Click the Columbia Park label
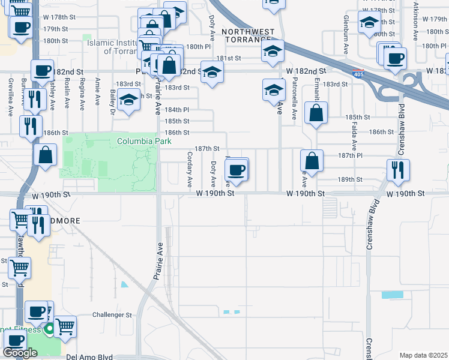coord(143,142)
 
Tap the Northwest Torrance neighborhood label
coord(248,35)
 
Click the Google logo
coord(20,353)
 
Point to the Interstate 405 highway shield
coord(358,74)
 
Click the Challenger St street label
coord(111,314)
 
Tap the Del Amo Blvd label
coord(89,356)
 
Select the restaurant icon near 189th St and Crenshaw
coord(398,170)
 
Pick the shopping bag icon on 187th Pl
coord(312,160)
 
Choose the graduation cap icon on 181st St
coord(273,52)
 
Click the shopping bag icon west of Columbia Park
coord(45,155)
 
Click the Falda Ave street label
coord(354,137)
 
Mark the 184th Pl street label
coord(177,110)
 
